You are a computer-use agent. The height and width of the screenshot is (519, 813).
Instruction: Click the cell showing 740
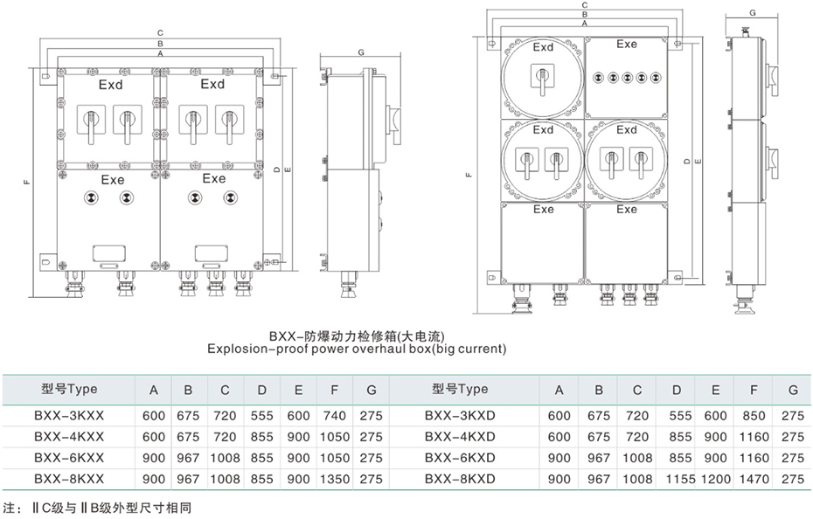(335, 416)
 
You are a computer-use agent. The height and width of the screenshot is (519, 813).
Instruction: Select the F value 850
(754, 416)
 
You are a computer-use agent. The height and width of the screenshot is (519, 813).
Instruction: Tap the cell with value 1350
(335, 479)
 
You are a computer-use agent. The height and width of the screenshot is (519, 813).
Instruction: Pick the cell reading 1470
(754, 479)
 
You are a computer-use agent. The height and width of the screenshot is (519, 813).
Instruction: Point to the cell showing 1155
(677, 479)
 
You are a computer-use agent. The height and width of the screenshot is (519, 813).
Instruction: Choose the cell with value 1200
(715, 479)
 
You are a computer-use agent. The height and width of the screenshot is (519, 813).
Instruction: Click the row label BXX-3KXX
(69, 416)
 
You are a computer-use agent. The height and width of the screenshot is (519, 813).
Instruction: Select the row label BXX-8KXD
(460, 479)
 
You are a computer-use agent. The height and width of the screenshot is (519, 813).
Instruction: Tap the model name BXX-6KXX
(69, 458)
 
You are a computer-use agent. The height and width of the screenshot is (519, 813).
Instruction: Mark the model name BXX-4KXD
(460, 437)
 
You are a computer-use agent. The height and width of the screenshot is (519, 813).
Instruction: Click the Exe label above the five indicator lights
(627, 45)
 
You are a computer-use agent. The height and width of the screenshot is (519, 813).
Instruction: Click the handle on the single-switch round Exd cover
(543, 85)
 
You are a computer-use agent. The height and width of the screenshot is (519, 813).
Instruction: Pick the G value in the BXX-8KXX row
(372, 479)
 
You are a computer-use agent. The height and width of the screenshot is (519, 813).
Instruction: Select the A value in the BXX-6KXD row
(559, 458)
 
